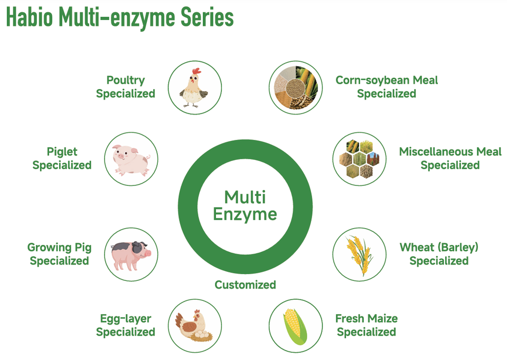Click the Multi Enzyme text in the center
[245, 206]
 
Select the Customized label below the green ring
[245, 285]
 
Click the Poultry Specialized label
[126, 87]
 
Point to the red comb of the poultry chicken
[196, 71]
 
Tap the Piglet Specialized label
[62, 158]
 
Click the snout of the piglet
[120, 156]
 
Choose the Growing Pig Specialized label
[60, 254]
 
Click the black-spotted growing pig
[131, 255]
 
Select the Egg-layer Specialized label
[126, 325]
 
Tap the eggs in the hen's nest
[202, 335]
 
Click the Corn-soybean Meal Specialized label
[387, 87]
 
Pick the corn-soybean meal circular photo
[296, 88]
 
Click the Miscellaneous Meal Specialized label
[450, 158]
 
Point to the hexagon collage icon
[359, 159]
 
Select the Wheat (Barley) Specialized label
[439, 254]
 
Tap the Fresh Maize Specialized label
[367, 325]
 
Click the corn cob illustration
[295, 326]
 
